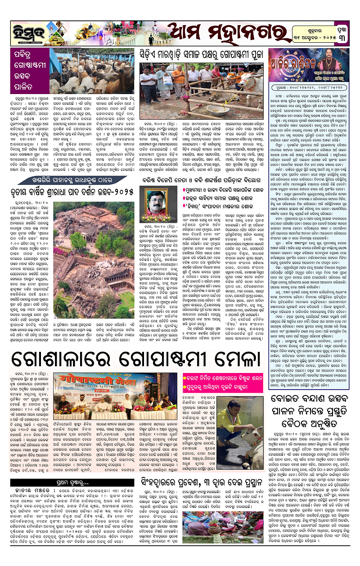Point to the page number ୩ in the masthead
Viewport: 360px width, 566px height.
(x=348, y=37)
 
